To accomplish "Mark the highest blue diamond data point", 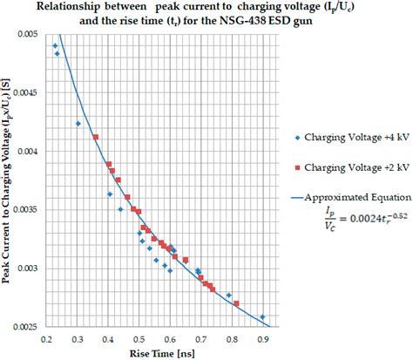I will pos(56,45).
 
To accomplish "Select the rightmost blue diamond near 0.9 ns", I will pos(262,317).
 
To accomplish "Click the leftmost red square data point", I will pos(96,137).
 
